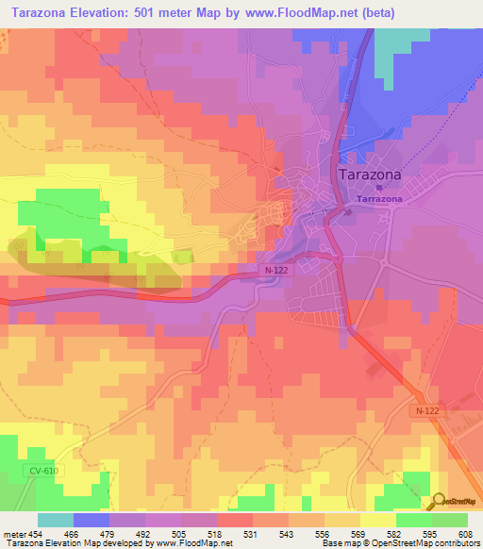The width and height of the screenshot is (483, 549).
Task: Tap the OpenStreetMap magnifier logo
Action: point(439,501)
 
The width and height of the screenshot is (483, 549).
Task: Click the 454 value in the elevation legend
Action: point(37,533)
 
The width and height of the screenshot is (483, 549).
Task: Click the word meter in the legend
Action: point(13,533)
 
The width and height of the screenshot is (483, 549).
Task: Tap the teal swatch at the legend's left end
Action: point(56,520)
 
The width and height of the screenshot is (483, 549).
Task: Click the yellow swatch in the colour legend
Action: point(377,520)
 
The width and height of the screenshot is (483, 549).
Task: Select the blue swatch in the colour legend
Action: point(92,520)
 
